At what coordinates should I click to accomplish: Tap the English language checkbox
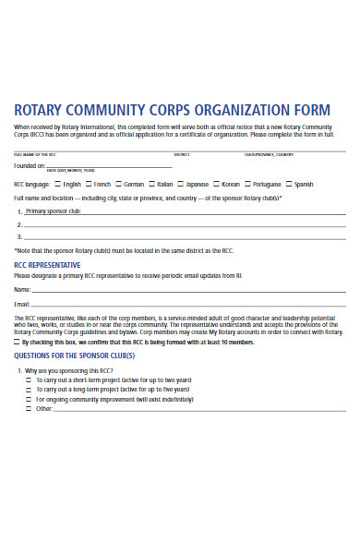[x=57, y=184]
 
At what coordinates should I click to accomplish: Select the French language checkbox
[x=90, y=184]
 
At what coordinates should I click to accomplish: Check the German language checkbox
[x=119, y=184]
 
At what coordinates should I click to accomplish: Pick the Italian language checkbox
[x=151, y=184]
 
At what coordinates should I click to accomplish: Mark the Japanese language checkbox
[x=181, y=184]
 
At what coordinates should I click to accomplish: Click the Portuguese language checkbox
[x=248, y=184]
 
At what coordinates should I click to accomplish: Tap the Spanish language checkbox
[x=290, y=184]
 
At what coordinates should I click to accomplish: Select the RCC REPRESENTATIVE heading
[x=53, y=264]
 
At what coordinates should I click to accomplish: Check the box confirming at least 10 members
[x=16, y=342]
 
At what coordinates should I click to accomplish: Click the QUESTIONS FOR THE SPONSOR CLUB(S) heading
[x=74, y=355]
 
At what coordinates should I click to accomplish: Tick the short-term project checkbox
[x=29, y=379]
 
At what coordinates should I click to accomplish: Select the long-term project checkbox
[x=29, y=390]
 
